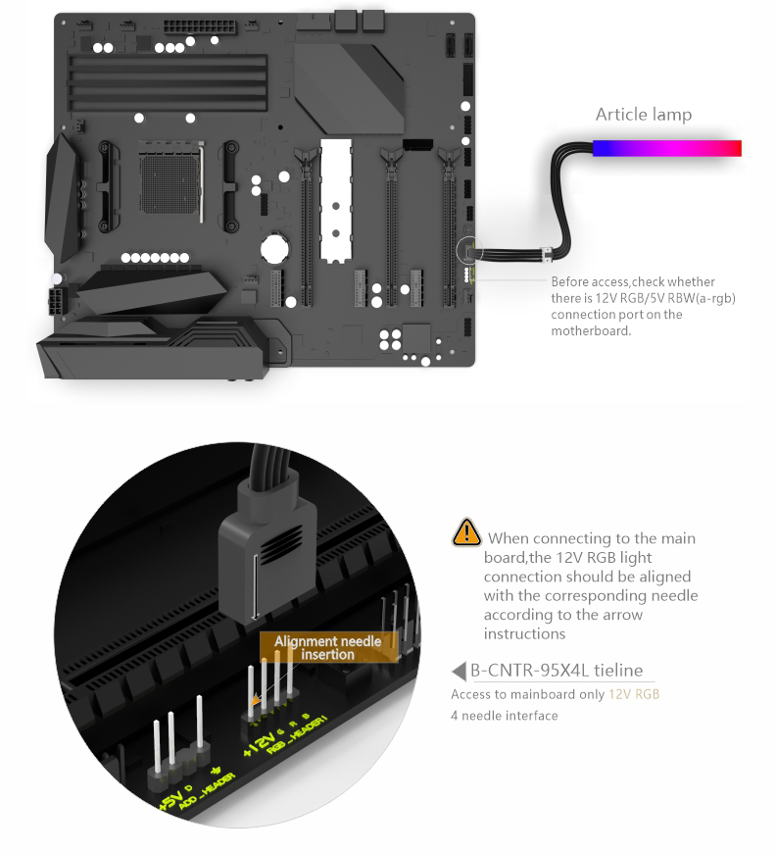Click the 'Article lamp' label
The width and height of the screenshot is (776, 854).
[643, 115]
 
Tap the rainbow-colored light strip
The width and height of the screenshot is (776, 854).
[666, 148]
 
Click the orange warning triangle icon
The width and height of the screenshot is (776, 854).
[466, 532]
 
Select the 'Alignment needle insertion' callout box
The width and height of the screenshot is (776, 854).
[328, 647]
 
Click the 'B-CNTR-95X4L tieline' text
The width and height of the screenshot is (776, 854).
[557, 670]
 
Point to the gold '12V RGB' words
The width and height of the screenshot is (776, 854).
[634, 694]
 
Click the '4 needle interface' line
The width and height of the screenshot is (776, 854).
[505, 716]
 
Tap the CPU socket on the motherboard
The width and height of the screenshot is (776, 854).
[171, 182]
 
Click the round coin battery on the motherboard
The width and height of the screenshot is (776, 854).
[274, 248]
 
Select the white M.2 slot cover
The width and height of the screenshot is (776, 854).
[336, 201]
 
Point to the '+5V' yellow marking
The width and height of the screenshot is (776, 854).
[171, 799]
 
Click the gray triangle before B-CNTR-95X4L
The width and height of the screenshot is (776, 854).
[459, 671]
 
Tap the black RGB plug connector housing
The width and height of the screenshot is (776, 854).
[267, 549]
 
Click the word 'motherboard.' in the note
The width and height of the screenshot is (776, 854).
[591, 330]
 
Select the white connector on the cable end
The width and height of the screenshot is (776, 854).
[547, 253]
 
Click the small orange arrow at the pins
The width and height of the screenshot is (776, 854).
[255, 699]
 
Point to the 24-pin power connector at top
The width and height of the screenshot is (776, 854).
[200, 26]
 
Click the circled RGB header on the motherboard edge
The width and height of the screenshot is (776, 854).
[469, 252]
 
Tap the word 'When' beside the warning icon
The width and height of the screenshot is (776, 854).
[509, 538]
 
